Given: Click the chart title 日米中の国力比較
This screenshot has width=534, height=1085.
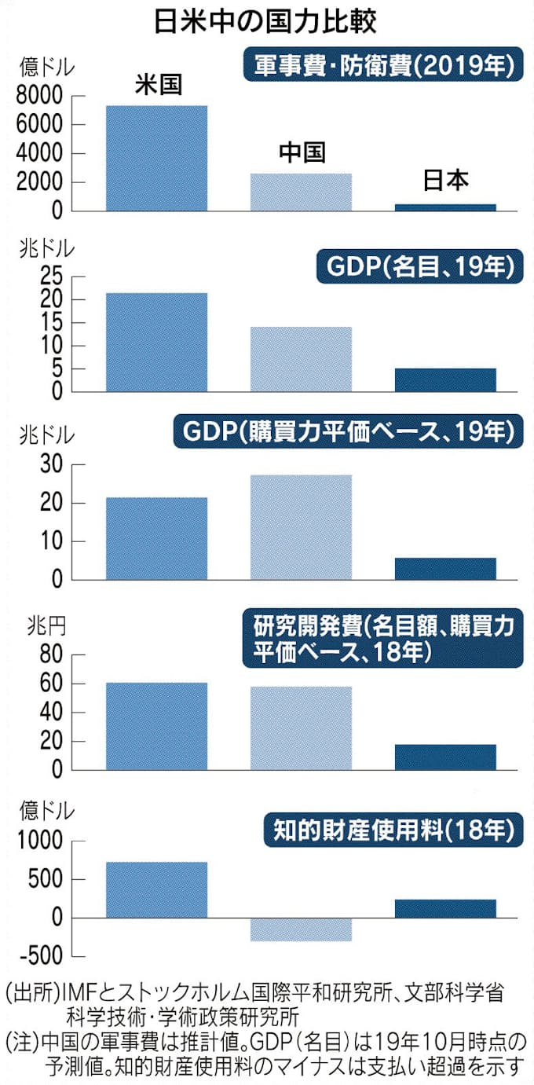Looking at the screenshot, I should [x=266, y=21].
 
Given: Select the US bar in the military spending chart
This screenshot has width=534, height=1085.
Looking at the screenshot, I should [x=157, y=158].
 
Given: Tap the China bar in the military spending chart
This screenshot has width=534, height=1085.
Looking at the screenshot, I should [x=301, y=192].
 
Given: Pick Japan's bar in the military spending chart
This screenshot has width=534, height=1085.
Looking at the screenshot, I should [x=445, y=207].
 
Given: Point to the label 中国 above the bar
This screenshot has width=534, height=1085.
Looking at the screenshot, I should [x=302, y=152].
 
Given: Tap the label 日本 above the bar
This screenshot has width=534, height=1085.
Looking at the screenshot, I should [x=445, y=181].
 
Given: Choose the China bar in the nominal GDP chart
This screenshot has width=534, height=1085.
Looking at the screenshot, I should [x=301, y=359].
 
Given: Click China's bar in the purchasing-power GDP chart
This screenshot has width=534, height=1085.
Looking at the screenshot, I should [x=301, y=527].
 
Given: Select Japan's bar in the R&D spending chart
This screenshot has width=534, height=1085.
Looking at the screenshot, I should [x=445, y=757].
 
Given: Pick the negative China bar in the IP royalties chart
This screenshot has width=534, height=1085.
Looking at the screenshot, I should [x=301, y=929].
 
